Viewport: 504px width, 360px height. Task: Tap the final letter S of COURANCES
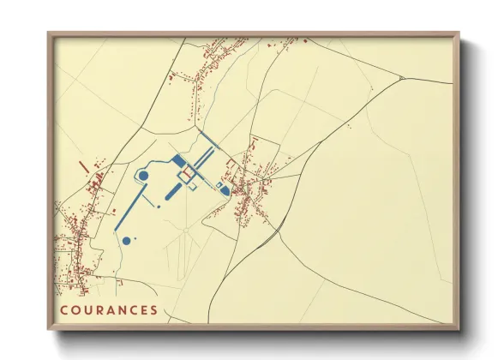click(x=154, y=310)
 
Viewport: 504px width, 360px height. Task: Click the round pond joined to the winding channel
click(x=144, y=176)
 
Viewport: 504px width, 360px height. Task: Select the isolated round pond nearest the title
click(x=127, y=241)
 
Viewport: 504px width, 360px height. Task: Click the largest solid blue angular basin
click(x=178, y=161)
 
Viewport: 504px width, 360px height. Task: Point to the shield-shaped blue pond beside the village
click(x=225, y=189)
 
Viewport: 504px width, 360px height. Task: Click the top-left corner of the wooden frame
click(x=48, y=33)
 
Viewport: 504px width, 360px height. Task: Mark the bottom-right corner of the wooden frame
click(x=459, y=329)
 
